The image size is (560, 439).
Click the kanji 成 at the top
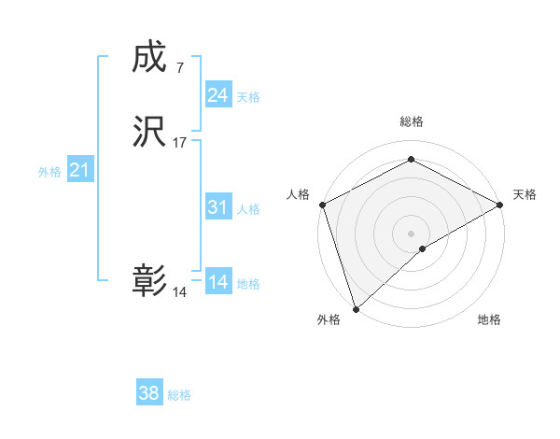coord(148,59)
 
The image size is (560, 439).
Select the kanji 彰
coord(148,281)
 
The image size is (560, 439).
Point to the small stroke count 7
coord(179,67)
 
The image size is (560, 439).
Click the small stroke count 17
coord(180,143)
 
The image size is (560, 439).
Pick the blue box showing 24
coord(218,95)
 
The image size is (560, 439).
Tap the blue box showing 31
coord(218,207)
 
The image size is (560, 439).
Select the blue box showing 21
coord(80,170)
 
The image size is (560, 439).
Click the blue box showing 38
coord(149,393)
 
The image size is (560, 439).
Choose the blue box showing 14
coord(218,282)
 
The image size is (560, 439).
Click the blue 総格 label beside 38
coord(179,395)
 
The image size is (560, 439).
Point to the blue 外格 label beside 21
coord(49,172)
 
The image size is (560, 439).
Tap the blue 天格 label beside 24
coord(248,97)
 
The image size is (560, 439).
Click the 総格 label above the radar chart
coord(412,121)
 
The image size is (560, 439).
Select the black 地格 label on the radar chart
coord(489,319)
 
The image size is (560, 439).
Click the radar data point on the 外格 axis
coord(355,308)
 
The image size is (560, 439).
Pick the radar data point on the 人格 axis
coord(322,205)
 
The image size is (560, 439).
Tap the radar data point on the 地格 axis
coord(423,248)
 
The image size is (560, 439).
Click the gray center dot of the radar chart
coord(412,233)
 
